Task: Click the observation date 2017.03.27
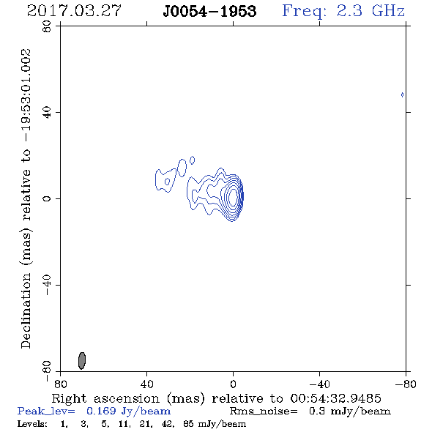pyautogui.click(x=74, y=11)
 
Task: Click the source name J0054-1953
pyautogui.click(x=209, y=11)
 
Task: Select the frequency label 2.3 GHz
pyautogui.click(x=370, y=11)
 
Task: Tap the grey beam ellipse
pyautogui.click(x=82, y=360)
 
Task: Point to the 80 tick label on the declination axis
pyautogui.click(x=47, y=26)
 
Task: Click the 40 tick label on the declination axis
pyautogui.click(x=47, y=113)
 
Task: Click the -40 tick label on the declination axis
pyautogui.click(x=47, y=285)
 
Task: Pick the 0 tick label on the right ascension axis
pyautogui.click(x=233, y=384)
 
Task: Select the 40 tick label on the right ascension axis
pyautogui.click(x=146, y=384)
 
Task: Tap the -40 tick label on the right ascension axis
pyautogui.click(x=319, y=384)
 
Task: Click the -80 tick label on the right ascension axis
pyautogui.click(x=406, y=384)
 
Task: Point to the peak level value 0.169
pyautogui.click(x=101, y=411)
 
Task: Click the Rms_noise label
pyautogui.click(x=264, y=411)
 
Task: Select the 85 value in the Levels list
pyautogui.click(x=188, y=424)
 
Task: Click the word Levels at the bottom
pyautogui.click(x=32, y=424)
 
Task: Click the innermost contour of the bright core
pyautogui.click(x=234, y=196)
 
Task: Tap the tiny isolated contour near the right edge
pyautogui.click(x=402, y=94)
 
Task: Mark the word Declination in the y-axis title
pyautogui.click(x=26, y=310)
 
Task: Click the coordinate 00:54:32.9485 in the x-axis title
pyautogui.click(x=335, y=398)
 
